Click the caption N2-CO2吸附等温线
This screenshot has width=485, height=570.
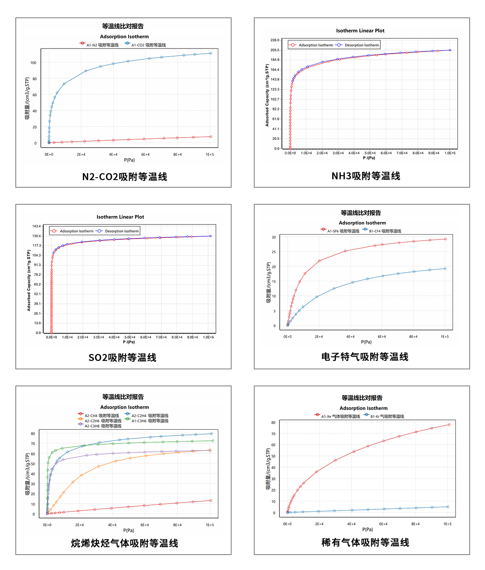click(124, 177)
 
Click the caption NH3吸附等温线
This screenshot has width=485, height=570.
click(366, 176)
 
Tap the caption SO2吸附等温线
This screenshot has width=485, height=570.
click(122, 358)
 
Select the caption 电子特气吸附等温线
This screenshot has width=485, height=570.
click(365, 357)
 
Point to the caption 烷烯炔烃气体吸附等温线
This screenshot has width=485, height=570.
click(124, 543)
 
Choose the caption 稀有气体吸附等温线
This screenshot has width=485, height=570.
click(365, 542)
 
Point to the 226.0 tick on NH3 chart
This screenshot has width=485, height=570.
click(275, 40)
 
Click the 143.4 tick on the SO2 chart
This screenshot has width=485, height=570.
click(36, 226)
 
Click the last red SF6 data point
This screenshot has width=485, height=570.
click(445, 239)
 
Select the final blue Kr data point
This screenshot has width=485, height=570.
click(448, 507)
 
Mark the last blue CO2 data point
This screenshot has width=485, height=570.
click(211, 53)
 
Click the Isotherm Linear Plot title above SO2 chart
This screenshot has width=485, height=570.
click(120, 217)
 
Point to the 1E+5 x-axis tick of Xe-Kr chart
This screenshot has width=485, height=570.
click(447, 524)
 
